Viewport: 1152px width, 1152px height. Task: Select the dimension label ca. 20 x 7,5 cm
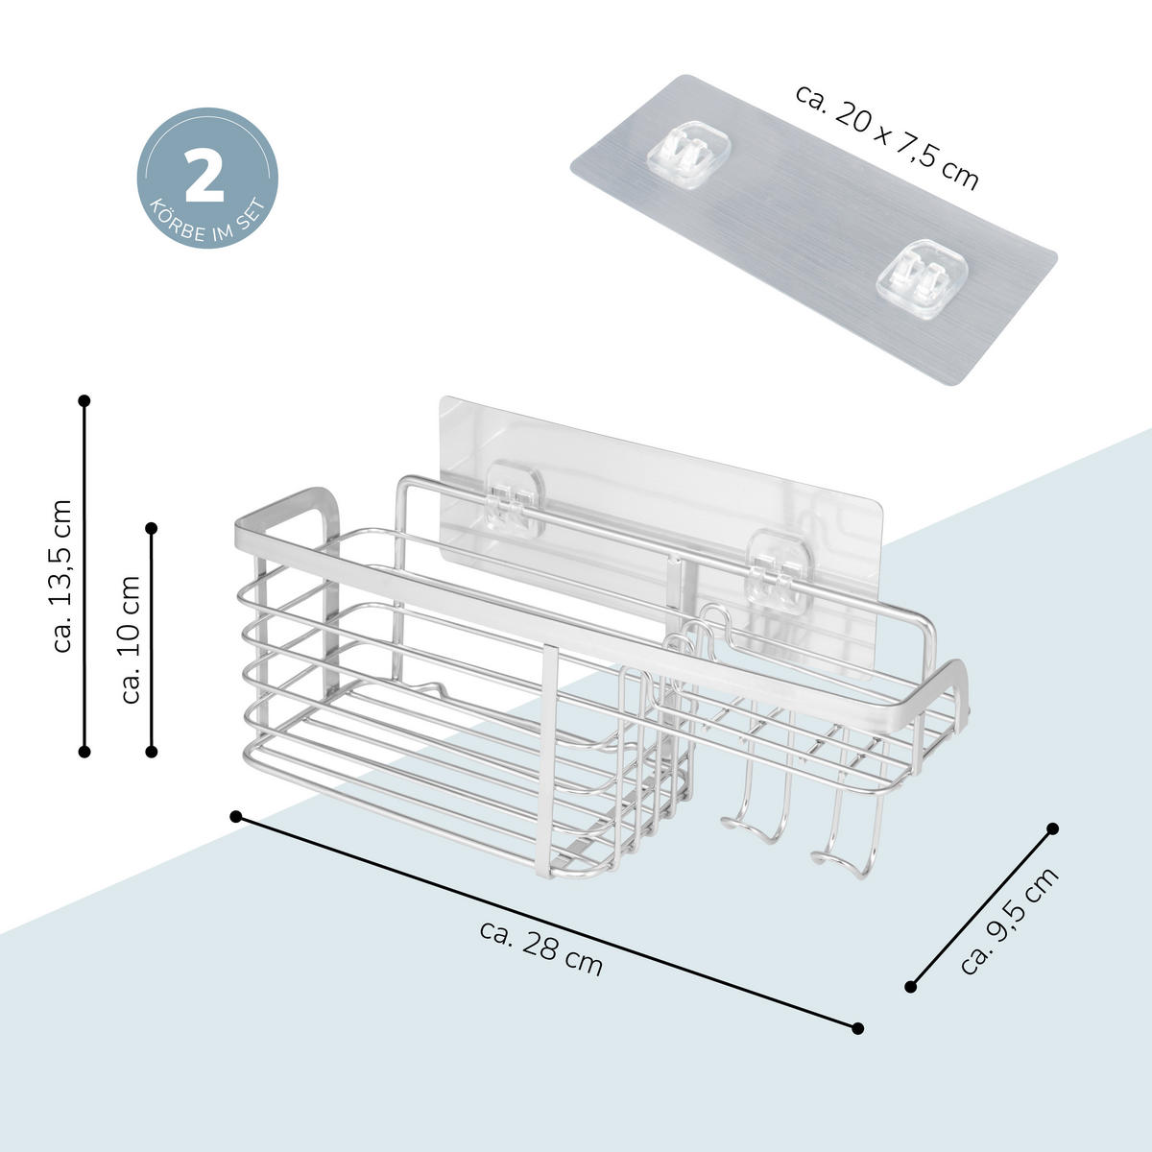coord(887,137)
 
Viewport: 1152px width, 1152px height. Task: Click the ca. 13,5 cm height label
coord(62,576)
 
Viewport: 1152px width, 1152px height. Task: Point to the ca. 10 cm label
coord(130,639)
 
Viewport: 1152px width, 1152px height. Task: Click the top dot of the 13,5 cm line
coord(84,400)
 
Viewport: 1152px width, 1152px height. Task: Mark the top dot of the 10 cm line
coord(152,528)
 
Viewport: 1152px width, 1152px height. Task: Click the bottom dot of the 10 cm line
coord(152,752)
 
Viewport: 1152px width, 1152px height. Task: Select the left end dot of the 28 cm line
coord(236,817)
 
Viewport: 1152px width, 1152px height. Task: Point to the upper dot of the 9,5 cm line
coord(1053,828)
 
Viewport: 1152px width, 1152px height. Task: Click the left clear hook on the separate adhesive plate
coord(689,155)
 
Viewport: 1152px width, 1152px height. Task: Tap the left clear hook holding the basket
coord(515,498)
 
